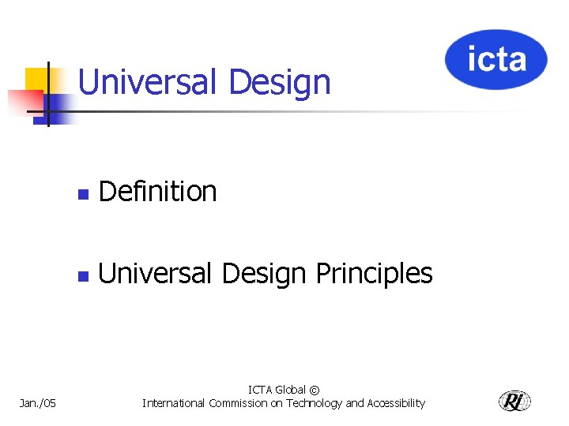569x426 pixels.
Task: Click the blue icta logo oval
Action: click(x=496, y=59)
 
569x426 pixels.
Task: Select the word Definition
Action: click(x=158, y=191)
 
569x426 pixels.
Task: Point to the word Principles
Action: click(x=374, y=274)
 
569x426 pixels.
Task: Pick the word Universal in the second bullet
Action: click(x=155, y=274)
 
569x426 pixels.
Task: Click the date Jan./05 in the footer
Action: click(x=38, y=403)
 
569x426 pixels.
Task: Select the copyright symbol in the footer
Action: click(x=315, y=390)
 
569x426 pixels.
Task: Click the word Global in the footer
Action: click(x=290, y=390)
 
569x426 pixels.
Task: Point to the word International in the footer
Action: click(x=174, y=403)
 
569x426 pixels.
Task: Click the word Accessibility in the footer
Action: click(x=394, y=403)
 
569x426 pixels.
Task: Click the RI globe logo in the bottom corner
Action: click(x=514, y=401)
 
